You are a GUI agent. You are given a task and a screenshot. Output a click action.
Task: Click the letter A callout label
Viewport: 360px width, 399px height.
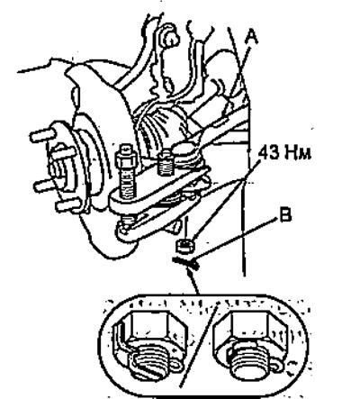tap(251, 38)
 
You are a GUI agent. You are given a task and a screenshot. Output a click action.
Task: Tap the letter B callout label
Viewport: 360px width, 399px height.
tap(285, 215)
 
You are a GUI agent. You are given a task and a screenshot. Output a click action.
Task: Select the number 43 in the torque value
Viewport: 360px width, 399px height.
tap(269, 153)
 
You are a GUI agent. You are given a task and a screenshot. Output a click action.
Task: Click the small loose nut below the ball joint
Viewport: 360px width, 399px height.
tap(184, 245)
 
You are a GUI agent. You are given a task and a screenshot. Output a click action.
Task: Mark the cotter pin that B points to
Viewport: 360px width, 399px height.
tap(186, 264)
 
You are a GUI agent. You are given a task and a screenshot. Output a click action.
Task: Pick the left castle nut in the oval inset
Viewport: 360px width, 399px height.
tap(150, 345)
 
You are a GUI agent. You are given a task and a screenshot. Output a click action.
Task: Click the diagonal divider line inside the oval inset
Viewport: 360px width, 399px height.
tap(199, 345)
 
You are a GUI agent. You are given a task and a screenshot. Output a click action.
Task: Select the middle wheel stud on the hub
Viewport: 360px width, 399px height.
tap(42, 186)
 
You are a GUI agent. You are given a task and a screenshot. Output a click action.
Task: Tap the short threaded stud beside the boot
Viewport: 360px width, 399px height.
tap(166, 164)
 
